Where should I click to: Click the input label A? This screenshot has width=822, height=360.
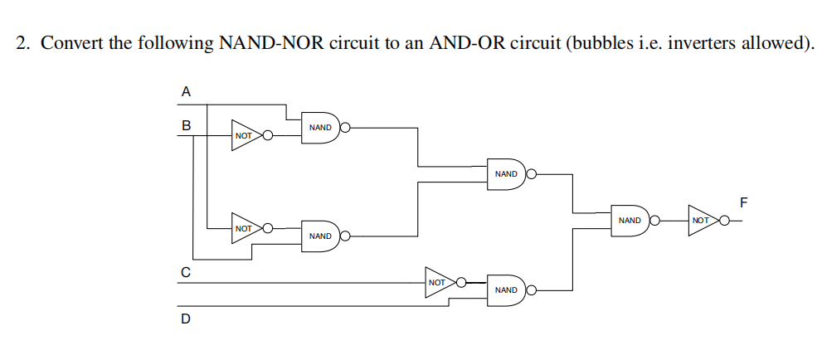pyautogui.click(x=186, y=91)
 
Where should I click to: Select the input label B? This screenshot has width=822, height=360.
pyautogui.click(x=186, y=126)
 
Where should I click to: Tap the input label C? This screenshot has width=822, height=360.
pyautogui.click(x=186, y=271)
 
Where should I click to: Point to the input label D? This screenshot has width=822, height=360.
pyautogui.click(x=186, y=317)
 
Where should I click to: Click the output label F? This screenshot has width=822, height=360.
pyautogui.click(x=743, y=202)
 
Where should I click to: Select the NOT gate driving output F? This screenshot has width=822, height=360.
pyautogui.click(x=702, y=221)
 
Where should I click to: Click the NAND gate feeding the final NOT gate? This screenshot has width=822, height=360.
pyautogui.click(x=630, y=221)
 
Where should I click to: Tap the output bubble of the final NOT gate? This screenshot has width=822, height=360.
pyautogui.click(x=725, y=221)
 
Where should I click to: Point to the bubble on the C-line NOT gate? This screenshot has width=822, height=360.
pyautogui.click(x=461, y=282)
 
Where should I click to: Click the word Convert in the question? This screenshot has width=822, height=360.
pyautogui.click(x=71, y=43)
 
